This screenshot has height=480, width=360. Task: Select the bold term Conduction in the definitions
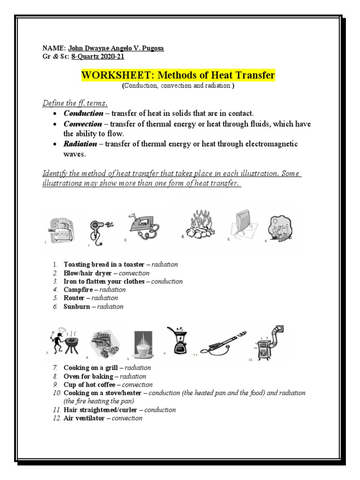(x=83, y=113)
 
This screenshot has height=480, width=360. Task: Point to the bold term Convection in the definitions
(x=82, y=124)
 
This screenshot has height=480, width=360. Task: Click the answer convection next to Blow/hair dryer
(x=134, y=273)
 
